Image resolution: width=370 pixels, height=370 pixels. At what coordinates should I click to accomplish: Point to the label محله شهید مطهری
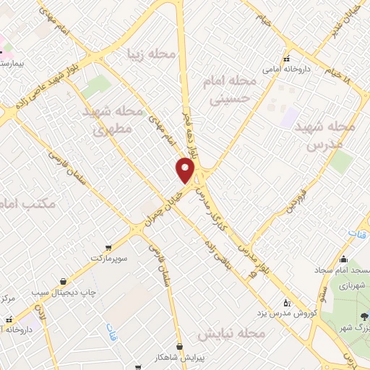point(115,121)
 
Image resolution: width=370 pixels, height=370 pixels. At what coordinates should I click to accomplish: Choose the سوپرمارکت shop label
point(108,258)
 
